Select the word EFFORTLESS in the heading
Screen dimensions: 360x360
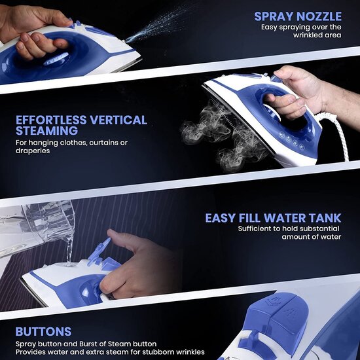(51, 120)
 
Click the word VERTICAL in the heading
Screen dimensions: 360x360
(118, 120)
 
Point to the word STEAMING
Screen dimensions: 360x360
(47, 131)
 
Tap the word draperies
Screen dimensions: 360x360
(33, 151)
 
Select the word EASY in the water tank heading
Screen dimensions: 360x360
(221, 218)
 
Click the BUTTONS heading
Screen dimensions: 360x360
(43, 332)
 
